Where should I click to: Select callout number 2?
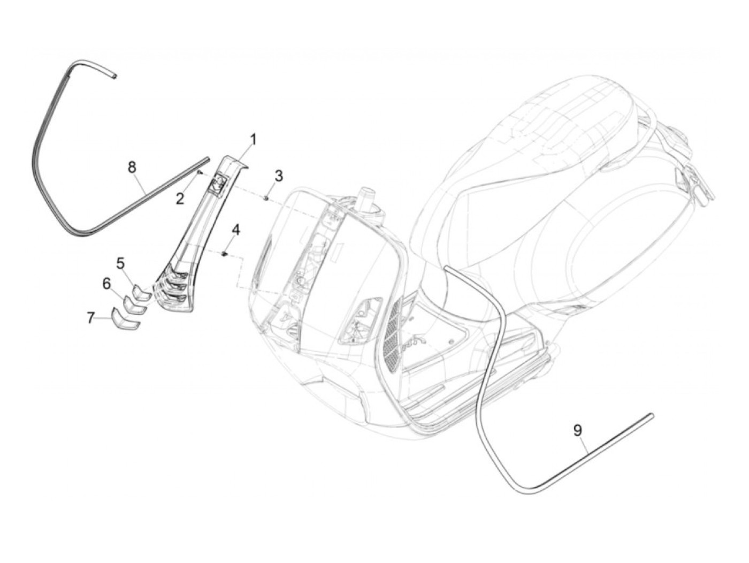[x=180, y=199]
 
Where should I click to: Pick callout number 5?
[x=120, y=263]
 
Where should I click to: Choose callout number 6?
[x=106, y=283]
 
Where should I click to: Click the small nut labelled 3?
[x=266, y=199]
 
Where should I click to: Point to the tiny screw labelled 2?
[x=199, y=173]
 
